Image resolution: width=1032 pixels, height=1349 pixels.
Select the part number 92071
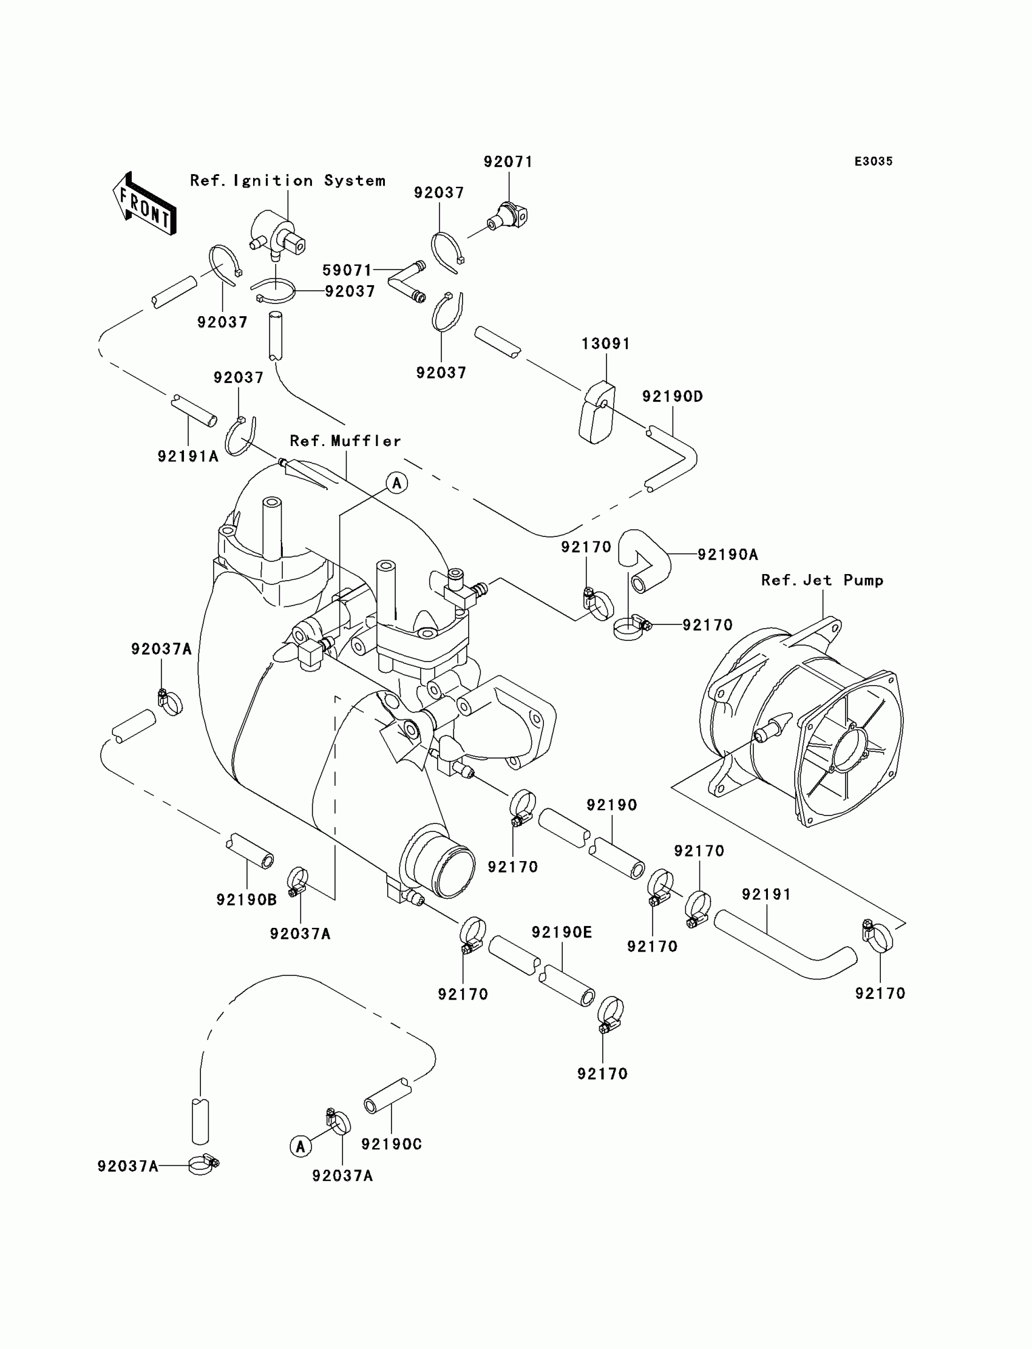508,161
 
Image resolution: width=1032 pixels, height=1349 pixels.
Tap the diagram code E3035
874,161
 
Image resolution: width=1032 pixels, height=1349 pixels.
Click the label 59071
347,270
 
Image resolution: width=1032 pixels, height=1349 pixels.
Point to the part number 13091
606,343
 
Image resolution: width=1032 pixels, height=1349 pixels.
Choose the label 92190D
673,396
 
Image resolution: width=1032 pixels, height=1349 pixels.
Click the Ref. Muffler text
345,441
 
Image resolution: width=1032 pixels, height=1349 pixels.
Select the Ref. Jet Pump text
822,580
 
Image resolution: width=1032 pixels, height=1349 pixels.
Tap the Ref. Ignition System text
288,180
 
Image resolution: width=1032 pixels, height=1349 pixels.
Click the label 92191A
188,456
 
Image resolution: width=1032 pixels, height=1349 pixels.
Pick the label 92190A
728,555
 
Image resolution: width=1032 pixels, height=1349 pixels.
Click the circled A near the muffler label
397,483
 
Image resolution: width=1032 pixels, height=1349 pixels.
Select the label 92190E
562,932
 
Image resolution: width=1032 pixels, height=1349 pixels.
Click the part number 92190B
246,899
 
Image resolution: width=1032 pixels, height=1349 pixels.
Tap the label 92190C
392,1144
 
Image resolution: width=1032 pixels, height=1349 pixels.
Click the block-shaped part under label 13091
597,413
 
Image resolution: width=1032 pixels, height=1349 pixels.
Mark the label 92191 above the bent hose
766,894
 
